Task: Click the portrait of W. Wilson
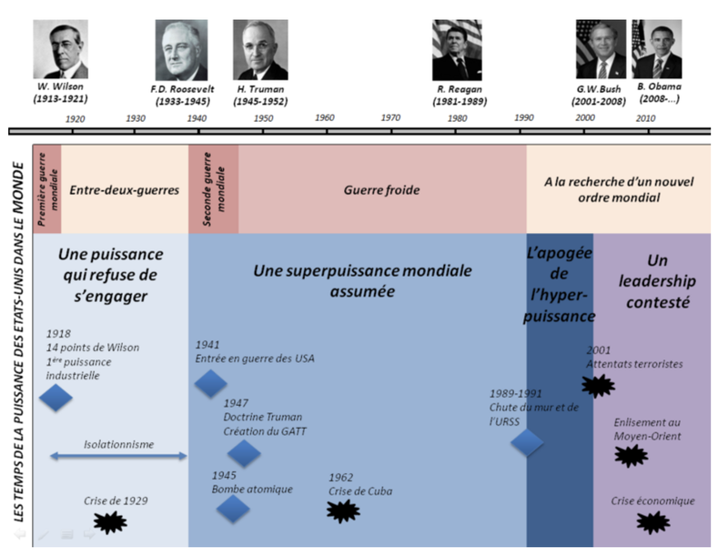pyautogui.click(x=61, y=50)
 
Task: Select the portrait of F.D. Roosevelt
pyautogui.click(x=182, y=51)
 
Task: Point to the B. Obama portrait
pyautogui.click(x=657, y=50)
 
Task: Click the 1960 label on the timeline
pyautogui.click(x=324, y=118)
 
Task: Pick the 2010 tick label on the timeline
pyautogui.click(x=645, y=118)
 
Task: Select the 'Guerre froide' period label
pyautogui.click(x=381, y=190)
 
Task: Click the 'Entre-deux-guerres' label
pyautogui.click(x=125, y=190)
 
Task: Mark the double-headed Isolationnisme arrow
pyautogui.click(x=118, y=455)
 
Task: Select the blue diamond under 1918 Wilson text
pyautogui.click(x=56, y=397)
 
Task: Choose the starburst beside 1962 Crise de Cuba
pyautogui.click(x=339, y=511)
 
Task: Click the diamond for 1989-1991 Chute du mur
pyautogui.click(x=527, y=442)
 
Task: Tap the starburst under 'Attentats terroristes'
pyautogui.click(x=598, y=385)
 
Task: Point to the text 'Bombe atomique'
pyautogui.click(x=252, y=490)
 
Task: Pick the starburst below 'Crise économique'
pyautogui.click(x=652, y=521)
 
